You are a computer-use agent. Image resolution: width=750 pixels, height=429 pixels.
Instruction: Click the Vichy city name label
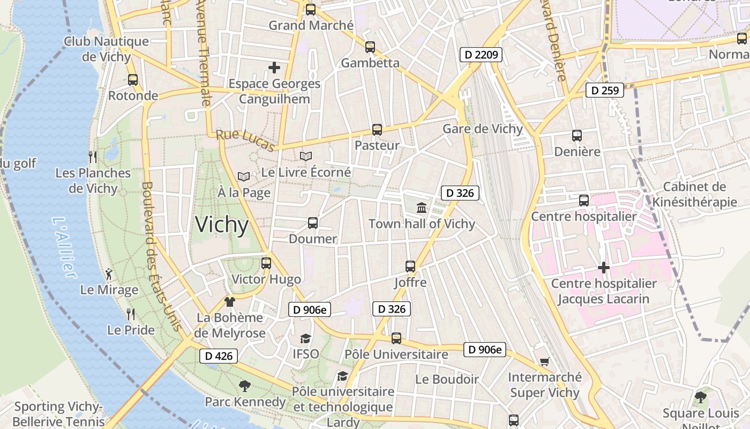pyautogui.click(x=222, y=225)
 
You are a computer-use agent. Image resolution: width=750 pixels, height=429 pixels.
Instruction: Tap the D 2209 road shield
pyautogui.click(x=481, y=54)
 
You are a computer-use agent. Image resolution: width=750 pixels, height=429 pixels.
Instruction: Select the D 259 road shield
pyautogui.click(x=605, y=90)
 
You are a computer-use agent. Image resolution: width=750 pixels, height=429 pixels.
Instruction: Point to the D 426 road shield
pyautogui.click(x=219, y=356)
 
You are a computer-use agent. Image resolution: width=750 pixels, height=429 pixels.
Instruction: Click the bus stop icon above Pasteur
pyautogui.click(x=377, y=129)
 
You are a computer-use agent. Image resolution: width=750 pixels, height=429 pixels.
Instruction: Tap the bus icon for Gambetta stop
pyautogui.click(x=370, y=47)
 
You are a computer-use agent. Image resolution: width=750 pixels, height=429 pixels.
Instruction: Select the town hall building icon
pyautogui.click(x=422, y=208)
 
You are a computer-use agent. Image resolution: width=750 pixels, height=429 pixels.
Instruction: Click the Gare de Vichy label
pyautogui.click(x=482, y=129)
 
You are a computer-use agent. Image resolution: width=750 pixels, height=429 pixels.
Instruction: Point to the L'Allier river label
pyautogui.click(x=64, y=247)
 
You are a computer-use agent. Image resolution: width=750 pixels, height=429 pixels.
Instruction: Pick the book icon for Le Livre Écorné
pyautogui.click(x=306, y=156)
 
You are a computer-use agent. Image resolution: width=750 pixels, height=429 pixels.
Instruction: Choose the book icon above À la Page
pyautogui.click(x=244, y=176)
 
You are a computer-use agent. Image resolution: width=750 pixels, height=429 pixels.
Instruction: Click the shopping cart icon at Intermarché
pyautogui.click(x=544, y=361)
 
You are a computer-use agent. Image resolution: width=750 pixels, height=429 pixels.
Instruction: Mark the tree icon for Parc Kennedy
pyautogui.click(x=245, y=386)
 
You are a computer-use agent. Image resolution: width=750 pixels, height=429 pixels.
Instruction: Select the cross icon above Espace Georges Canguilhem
pyautogui.click(x=274, y=68)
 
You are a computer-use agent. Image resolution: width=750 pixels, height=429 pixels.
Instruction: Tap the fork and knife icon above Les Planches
pyautogui.click(x=93, y=157)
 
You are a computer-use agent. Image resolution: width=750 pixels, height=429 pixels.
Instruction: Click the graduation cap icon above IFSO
pyautogui.click(x=305, y=338)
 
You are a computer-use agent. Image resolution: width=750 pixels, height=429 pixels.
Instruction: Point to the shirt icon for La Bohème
pyautogui.click(x=230, y=302)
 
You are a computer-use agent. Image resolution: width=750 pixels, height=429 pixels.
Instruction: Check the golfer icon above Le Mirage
pyautogui.click(x=109, y=274)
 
